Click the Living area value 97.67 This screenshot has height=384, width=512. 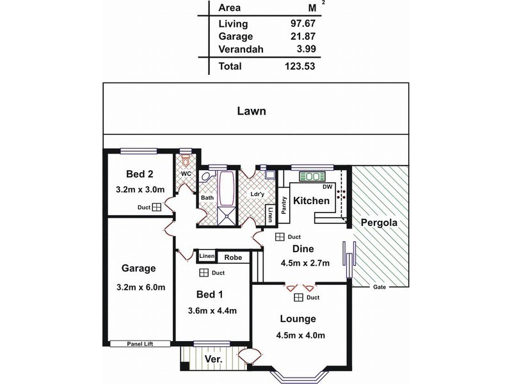303,24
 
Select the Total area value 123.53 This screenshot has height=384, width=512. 300,67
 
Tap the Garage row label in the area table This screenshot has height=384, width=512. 236,36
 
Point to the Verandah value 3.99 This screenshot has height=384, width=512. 307,49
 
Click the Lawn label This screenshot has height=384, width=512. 252,111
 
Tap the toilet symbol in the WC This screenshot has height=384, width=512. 186,161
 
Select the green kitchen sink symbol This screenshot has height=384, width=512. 312,177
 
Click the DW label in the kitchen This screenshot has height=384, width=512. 327,187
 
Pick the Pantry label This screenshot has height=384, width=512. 284,205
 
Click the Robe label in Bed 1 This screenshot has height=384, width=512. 233,258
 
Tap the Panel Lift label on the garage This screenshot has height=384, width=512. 140,344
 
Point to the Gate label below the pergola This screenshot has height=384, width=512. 380,287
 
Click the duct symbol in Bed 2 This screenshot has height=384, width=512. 157,207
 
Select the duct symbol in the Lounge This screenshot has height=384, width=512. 298,298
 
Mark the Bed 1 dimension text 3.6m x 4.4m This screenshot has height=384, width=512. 212,311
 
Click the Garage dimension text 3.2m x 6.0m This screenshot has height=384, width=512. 141,287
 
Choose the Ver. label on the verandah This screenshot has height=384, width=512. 214,360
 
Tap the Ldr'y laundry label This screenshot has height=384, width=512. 257,194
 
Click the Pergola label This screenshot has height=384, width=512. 379,223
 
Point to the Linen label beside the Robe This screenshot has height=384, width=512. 207,256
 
